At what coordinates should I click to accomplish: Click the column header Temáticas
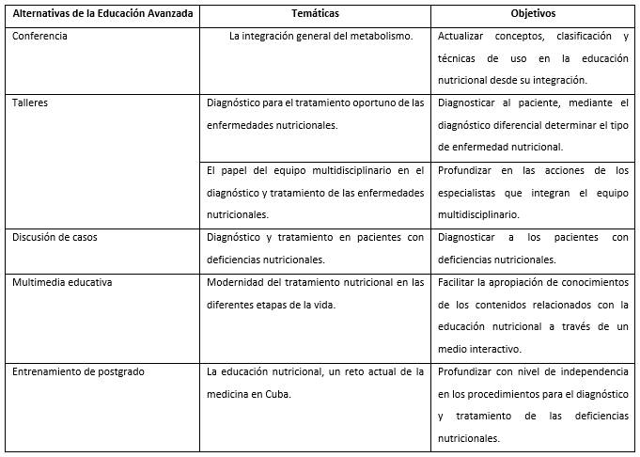pos(316,14)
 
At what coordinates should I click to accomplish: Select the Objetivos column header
pos(533,14)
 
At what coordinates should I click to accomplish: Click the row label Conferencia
pos(39,37)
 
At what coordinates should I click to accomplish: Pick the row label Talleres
pos(30,103)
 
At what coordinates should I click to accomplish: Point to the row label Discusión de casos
pos(55,237)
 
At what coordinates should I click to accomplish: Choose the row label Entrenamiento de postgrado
pos(78,371)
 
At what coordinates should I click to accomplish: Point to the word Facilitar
pos(459,281)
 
